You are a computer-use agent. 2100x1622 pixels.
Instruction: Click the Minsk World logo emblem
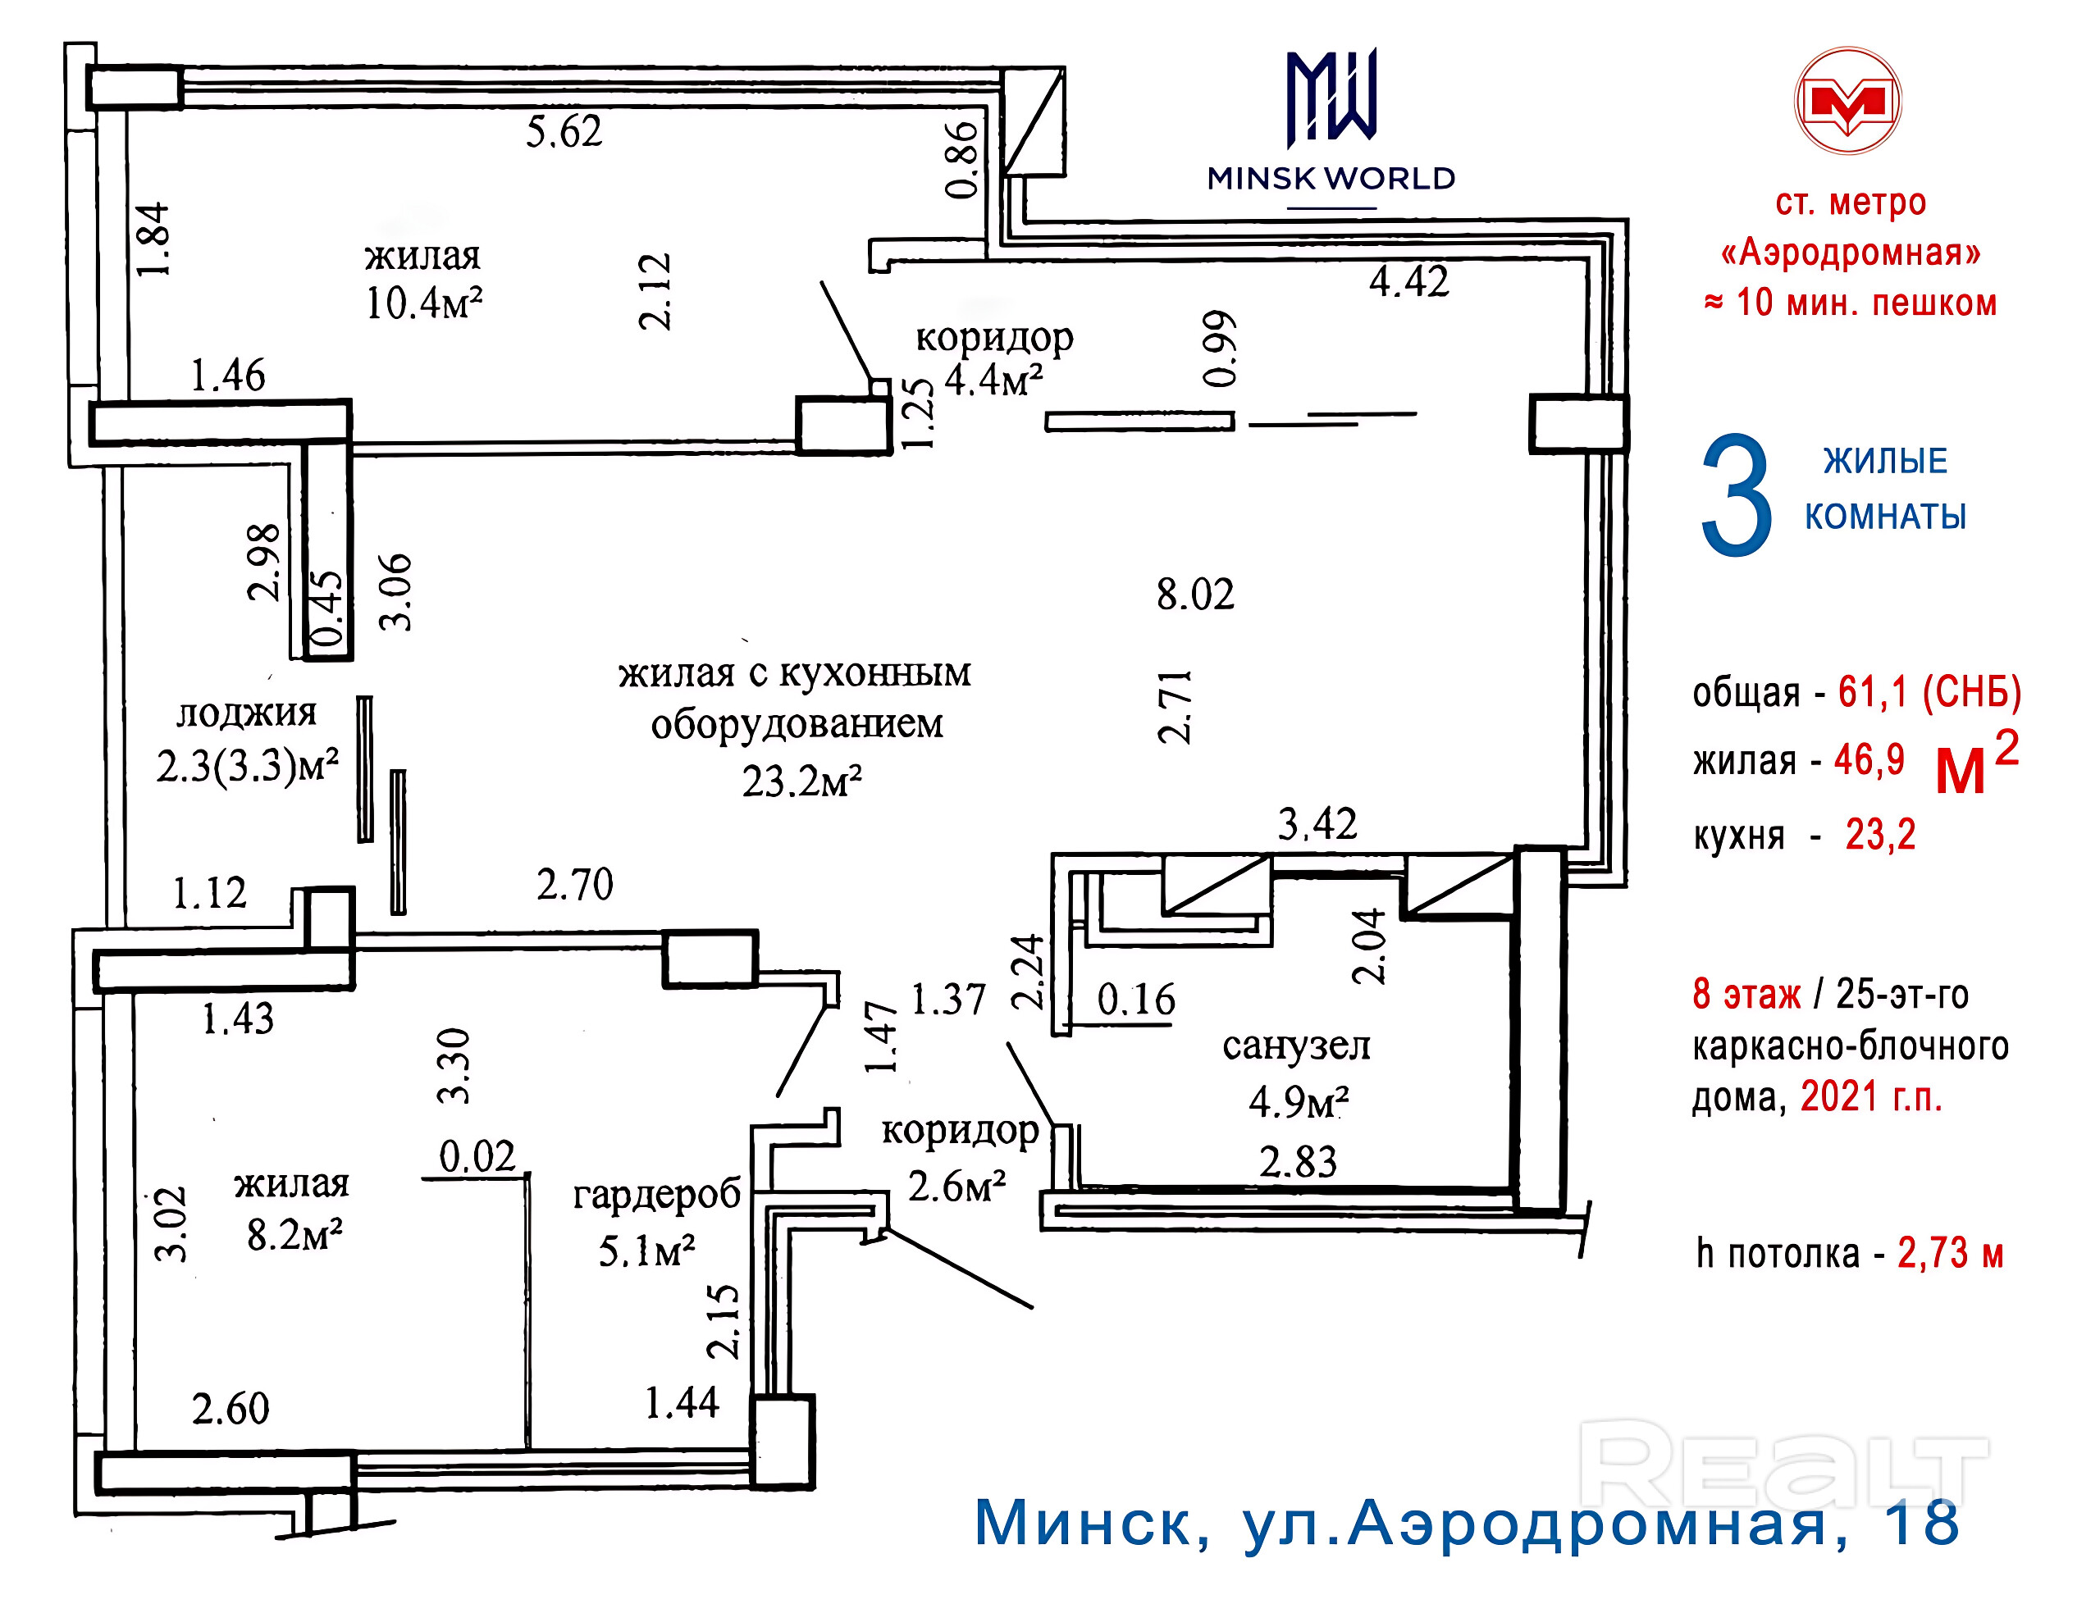(1331, 96)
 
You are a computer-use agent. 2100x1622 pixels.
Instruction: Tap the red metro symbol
(1848, 101)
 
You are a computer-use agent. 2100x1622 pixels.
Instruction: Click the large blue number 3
(1736, 494)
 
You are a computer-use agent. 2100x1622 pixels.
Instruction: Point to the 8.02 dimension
(1195, 595)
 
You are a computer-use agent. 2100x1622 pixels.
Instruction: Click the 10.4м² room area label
(423, 303)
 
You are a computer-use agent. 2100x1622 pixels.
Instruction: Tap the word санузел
(1296, 1046)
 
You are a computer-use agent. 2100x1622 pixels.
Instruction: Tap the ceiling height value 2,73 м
(1950, 1254)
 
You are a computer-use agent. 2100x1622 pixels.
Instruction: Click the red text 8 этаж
(1746, 994)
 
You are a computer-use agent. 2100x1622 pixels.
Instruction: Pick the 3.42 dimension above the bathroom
(1317, 824)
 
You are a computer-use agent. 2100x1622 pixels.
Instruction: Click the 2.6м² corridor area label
(956, 1187)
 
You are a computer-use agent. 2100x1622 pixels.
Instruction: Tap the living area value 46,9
(1869, 759)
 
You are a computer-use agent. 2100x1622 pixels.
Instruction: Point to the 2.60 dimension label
(231, 1410)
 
